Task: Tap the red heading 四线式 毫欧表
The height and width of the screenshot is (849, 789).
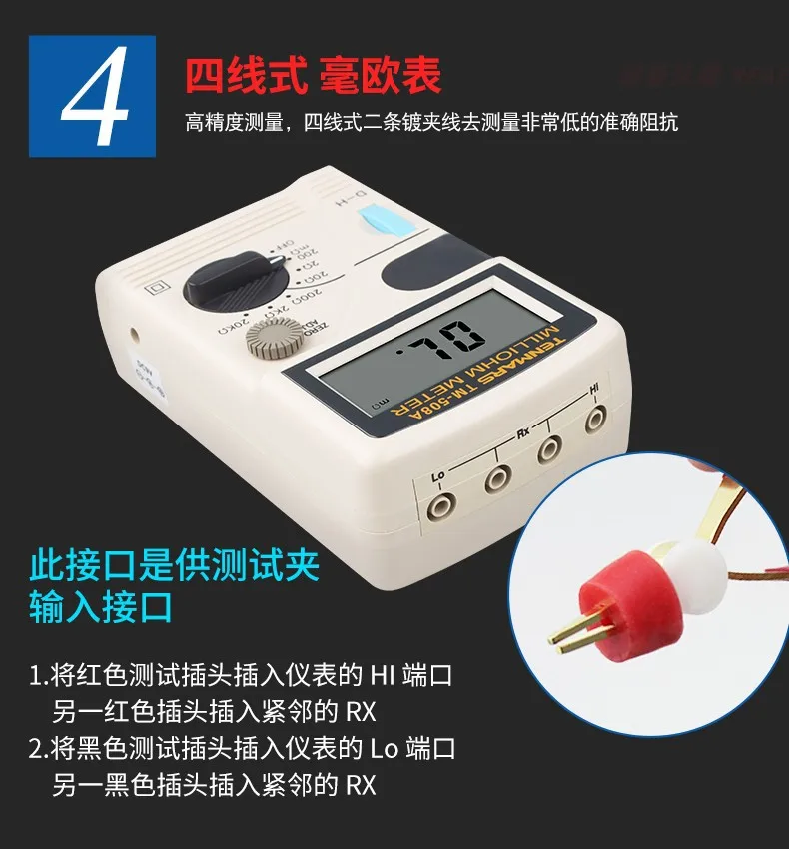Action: tap(313, 75)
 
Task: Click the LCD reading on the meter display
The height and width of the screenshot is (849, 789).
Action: tap(440, 345)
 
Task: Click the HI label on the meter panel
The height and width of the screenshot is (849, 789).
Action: tap(595, 388)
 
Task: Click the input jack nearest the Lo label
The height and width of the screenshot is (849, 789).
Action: tap(438, 506)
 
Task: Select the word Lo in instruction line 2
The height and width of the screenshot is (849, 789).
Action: tap(384, 749)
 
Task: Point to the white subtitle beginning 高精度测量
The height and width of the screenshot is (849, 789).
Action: tap(431, 123)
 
